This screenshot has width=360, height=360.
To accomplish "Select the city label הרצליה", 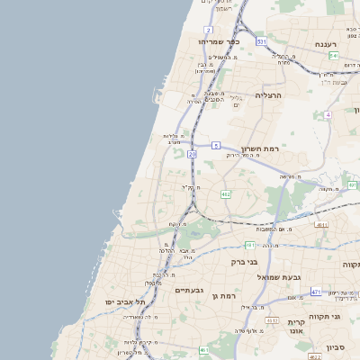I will point(268,94).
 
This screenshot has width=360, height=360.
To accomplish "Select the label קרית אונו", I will point(298,327).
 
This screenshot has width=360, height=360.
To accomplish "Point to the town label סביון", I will point(337,346).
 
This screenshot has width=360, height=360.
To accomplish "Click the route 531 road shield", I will point(261,41).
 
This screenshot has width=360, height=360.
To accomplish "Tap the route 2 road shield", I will point(208,30).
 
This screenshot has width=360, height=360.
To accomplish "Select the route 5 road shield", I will point(216,145).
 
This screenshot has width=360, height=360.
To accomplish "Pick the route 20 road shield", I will point(192,155).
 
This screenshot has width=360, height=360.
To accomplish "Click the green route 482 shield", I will point(225,193).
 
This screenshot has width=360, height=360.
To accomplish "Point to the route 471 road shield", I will point(316,292).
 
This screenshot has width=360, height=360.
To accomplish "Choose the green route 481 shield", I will point(249,244).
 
